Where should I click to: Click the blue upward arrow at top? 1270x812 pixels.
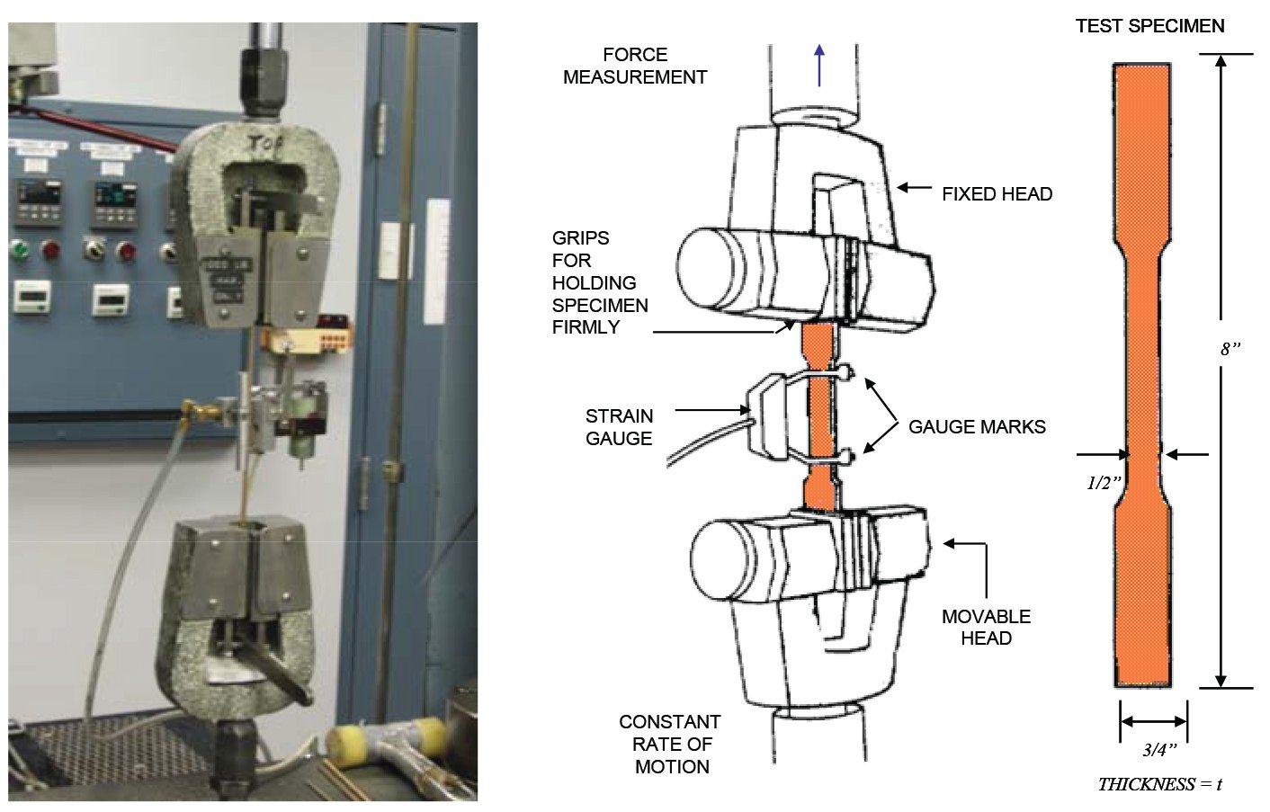(x=818, y=65)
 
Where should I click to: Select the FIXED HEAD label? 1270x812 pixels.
(x=997, y=194)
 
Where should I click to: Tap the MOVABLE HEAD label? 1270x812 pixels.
(x=986, y=627)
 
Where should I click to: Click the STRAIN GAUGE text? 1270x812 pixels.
(x=619, y=427)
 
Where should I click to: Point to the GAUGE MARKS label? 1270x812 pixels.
(x=977, y=427)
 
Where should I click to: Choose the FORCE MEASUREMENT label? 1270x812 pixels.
(x=635, y=66)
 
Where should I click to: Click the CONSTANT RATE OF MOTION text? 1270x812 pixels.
(x=670, y=744)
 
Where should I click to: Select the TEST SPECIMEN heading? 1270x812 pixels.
(x=1149, y=26)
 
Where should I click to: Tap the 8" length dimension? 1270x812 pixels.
(x=1230, y=349)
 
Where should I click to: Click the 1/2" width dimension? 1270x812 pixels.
(x=1104, y=483)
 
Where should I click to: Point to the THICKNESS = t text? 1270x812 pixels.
(x=1159, y=784)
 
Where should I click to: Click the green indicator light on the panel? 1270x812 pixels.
(x=18, y=249)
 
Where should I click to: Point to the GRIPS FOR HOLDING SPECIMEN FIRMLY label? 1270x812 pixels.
(x=599, y=282)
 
